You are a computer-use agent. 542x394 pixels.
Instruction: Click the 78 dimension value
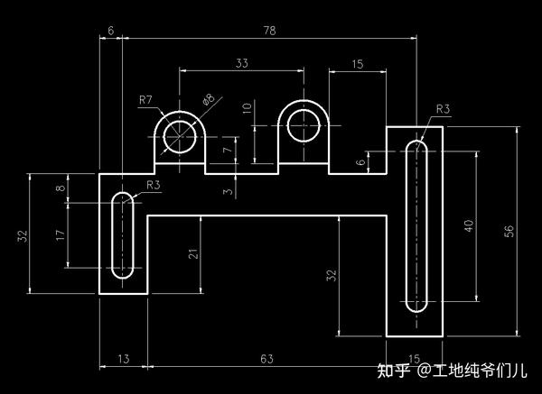(x=269, y=31)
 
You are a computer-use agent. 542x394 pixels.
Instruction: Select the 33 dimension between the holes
(x=242, y=63)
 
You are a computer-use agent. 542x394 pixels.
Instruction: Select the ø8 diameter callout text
(x=209, y=99)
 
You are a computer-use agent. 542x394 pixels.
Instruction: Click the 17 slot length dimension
(x=61, y=234)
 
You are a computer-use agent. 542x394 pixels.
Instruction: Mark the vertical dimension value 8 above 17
(x=61, y=188)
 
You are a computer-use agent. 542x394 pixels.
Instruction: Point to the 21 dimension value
(x=192, y=253)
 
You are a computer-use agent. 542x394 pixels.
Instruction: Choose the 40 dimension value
(x=467, y=226)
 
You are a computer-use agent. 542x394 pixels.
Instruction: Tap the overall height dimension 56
(x=509, y=231)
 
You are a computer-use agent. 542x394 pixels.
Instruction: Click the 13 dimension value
(x=123, y=359)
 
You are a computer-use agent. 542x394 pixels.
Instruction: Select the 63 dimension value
(x=266, y=359)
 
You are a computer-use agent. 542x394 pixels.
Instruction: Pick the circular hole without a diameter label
(x=303, y=125)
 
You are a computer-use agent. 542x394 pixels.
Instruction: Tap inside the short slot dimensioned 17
(x=122, y=234)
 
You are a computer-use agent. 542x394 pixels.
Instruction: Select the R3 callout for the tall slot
(x=443, y=109)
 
